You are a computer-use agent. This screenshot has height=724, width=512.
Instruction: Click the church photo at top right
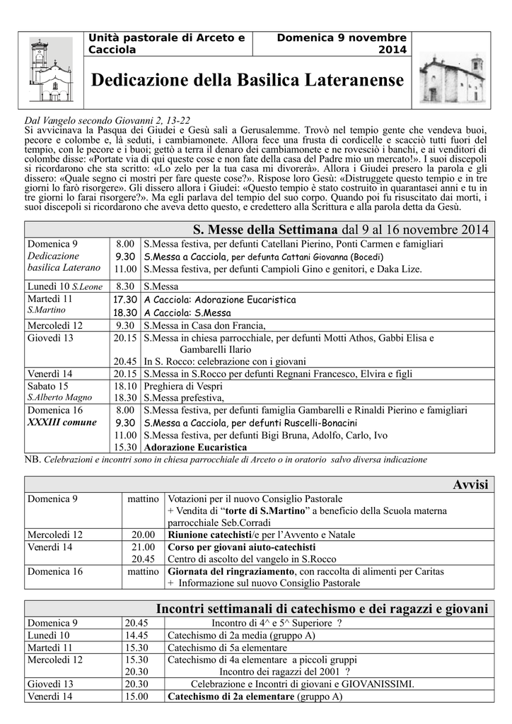[x=452, y=78]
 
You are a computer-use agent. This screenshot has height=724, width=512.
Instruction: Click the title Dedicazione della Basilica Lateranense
[x=248, y=81]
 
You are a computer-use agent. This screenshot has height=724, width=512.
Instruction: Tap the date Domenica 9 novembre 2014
[x=342, y=43]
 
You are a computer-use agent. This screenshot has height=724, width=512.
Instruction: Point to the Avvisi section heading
[x=470, y=484]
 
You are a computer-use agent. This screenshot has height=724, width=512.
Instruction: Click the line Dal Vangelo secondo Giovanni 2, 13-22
[x=107, y=120]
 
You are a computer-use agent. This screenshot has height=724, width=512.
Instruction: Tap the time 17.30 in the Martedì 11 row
[x=125, y=299]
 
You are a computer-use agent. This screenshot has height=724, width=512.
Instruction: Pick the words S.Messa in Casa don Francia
[x=204, y=325]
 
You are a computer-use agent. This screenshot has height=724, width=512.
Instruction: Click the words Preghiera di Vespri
[x=182, y=386]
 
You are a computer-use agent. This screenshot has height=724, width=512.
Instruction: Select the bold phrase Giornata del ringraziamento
[x=231, y=571]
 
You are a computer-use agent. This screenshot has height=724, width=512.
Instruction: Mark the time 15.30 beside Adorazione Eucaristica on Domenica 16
[x=125, y=447]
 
